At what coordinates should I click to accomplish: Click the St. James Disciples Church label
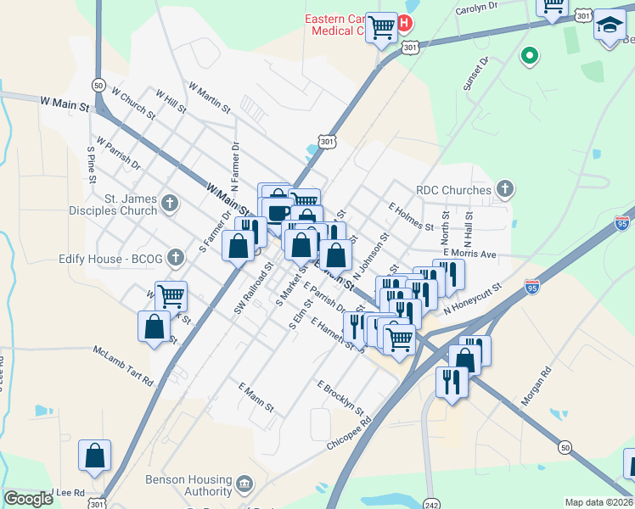(131, 204)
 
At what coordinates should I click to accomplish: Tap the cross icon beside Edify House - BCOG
(176, 256)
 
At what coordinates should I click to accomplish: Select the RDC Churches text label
(453, 190)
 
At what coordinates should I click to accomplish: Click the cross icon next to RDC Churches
(504, 188)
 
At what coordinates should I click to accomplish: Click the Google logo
(28, 499)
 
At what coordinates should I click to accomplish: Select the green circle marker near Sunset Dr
(530, 56)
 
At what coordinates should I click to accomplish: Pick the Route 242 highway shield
(431, 501)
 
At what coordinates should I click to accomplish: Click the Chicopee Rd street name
(350, 433)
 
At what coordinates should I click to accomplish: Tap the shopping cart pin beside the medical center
(382, 28)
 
